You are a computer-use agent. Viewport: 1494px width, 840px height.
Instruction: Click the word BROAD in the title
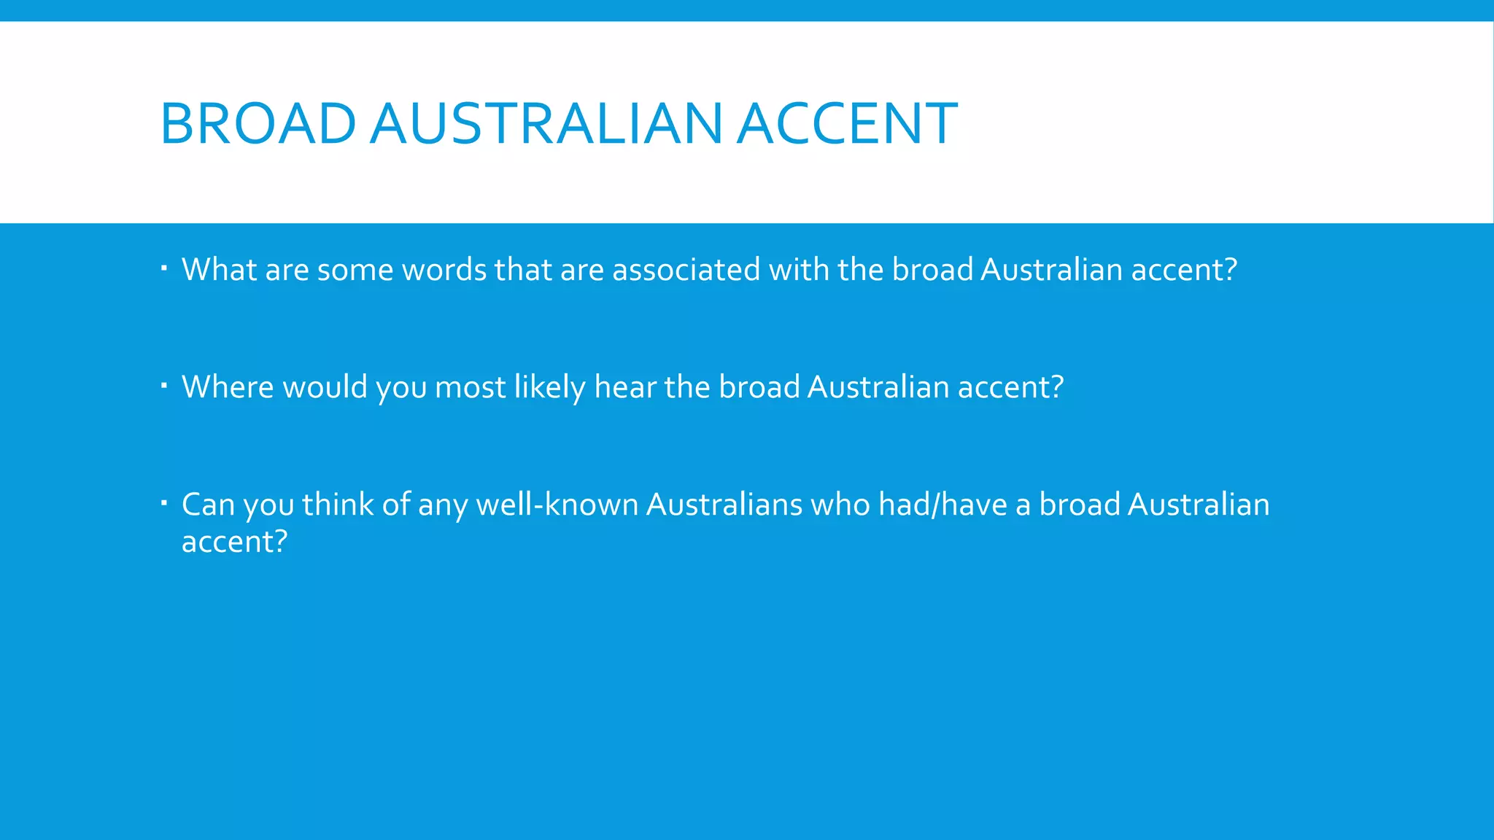click(258, 123)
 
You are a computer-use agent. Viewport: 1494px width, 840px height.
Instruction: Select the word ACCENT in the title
click(847, 123)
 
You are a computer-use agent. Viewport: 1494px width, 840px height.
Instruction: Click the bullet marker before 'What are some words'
click(165, 268)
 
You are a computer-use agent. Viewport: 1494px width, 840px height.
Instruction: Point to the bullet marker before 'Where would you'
click(165, 385)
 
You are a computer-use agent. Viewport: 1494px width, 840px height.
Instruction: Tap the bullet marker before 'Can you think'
click(165, 502)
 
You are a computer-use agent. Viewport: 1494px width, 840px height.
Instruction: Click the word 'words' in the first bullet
click(444, 270)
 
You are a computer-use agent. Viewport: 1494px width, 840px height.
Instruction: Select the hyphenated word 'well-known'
click(557, 505)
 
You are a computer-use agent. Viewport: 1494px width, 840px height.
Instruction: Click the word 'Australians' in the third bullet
click(724, 505)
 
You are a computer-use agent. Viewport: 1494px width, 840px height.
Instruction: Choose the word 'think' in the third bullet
click(337, 505)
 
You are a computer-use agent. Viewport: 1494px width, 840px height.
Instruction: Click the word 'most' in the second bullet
click(470, 387)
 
